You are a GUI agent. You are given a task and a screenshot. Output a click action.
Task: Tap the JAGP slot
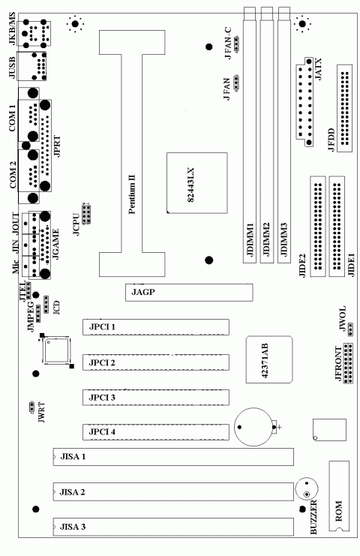pyautogui.click(x=188, y=293)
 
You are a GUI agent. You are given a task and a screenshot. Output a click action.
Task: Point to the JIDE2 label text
pyautogui.click(x=302, y=266)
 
